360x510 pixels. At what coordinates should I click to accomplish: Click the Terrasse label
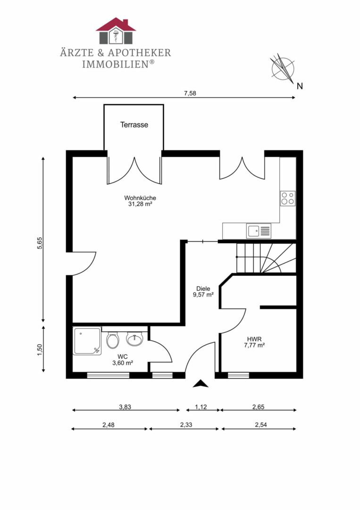pos(134,125)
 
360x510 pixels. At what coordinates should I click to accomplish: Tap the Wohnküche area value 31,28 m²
pos(140,204)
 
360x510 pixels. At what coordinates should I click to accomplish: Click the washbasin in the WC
pos(134,339)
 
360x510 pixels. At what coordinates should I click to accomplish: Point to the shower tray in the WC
pos(87,341)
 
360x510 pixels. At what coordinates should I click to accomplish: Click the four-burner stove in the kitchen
pos(288,198)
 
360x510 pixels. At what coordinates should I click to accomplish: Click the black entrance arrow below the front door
pos(201,384)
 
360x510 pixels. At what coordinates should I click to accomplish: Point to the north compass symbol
pos(283,68)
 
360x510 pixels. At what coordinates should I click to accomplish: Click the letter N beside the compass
pos(300,86)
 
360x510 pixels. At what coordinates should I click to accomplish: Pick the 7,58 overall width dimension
pos(191,93)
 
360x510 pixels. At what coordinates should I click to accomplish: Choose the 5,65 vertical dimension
pos(40,243)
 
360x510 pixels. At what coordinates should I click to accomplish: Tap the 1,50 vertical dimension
pos(40,350)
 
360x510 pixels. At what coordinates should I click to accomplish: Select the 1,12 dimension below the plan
pos(201,407)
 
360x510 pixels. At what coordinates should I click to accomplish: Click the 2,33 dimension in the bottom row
pos(186,425)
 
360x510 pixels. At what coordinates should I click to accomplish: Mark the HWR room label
pos(254,339)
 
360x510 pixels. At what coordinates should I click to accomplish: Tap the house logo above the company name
pos(116,31)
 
